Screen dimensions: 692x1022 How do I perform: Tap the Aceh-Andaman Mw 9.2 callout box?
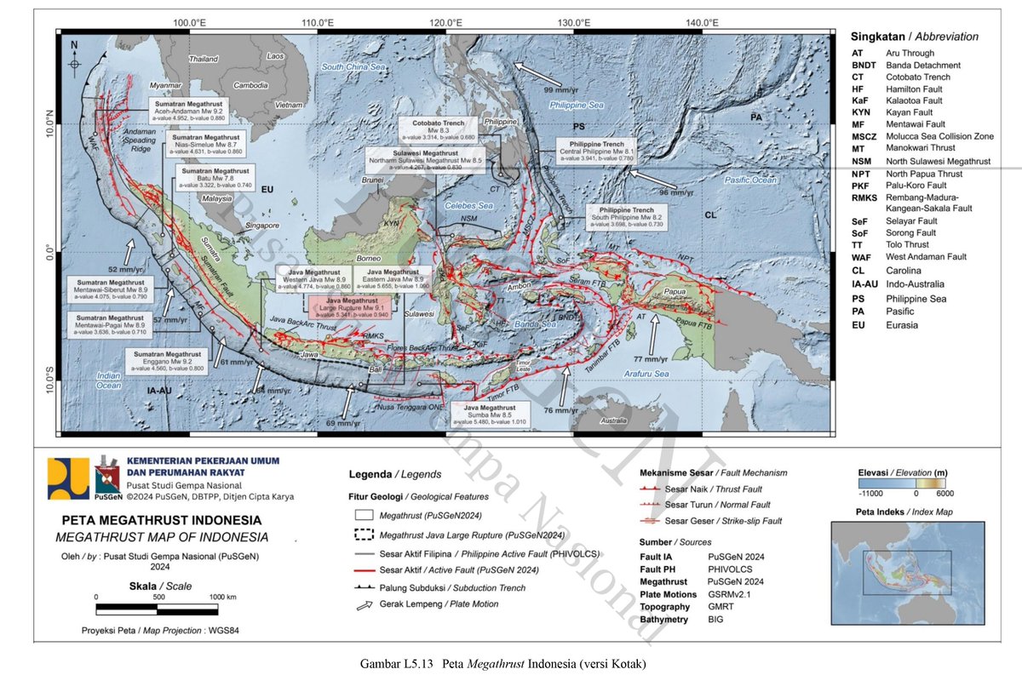coord(187,109)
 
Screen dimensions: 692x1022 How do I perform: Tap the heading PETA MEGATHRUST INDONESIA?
coord(161,519)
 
